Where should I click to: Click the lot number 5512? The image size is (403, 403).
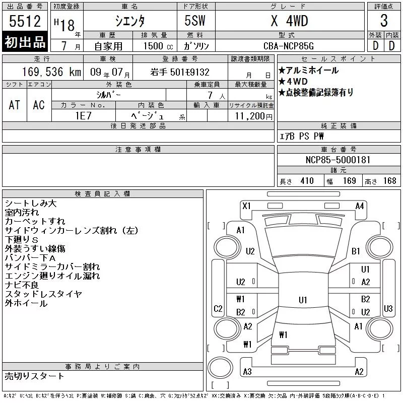coord(25,21)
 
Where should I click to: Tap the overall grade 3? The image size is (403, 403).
coord(384,21)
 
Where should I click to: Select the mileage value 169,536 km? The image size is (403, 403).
coord(51,72)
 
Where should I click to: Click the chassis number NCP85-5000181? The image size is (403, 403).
coord(338,160)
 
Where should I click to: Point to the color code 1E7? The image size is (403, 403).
coord(83,116)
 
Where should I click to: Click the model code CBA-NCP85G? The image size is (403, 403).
coord(288,46)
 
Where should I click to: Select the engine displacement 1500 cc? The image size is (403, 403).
coord(158,46)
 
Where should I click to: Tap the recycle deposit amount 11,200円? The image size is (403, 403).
coord(253,116)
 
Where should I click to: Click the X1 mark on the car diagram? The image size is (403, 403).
coord(246,206)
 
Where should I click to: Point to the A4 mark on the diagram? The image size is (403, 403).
coord(360,206)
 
